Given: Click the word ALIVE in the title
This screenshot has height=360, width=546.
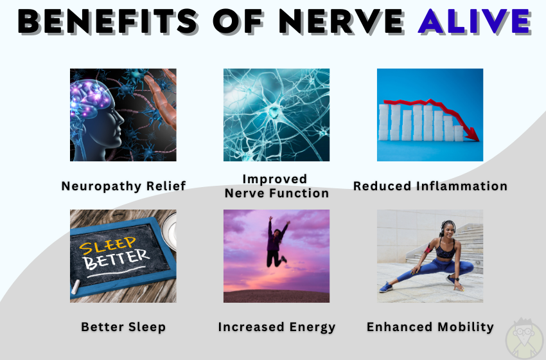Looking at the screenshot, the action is pos(475,21).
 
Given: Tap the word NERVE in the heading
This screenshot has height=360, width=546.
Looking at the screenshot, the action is pos(341,21).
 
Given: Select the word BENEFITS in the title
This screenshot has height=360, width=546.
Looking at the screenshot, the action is pos(108,21).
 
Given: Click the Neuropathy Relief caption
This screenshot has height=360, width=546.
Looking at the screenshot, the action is pos(123,186).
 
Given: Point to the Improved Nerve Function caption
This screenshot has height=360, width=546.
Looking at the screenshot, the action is pos(276,186).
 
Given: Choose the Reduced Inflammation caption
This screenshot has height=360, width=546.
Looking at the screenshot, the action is pos(430,186).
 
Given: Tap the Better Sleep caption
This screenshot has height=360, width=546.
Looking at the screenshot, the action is pos(123,327).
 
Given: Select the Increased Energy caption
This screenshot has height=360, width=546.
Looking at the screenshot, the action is pos(277,327).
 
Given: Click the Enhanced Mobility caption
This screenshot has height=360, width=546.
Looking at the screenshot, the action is pos(430,327).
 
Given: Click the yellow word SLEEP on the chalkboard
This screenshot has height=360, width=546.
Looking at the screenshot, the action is pos(108,246).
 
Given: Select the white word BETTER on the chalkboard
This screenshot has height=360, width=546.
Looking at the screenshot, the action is pos(117,260).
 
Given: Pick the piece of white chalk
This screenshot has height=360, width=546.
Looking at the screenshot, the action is pos(76,287).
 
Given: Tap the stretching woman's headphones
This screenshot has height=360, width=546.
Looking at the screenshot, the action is pos(448,226).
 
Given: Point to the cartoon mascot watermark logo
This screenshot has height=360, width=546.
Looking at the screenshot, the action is pos(524,339).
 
